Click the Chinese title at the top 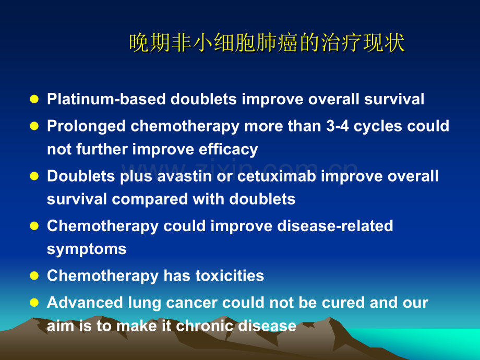pos(267,42)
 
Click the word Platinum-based pos(106,99)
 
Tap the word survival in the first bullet pos(394,99)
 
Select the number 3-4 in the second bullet pos(338,126)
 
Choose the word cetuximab pos(277,176)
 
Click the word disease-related pos(335,226)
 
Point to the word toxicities pos(230,276)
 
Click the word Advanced pos(85,303)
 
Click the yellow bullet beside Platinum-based pos(34,99)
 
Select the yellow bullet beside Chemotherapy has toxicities pos(34,276)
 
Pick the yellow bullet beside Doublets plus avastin pos(34,176)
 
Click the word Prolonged pos(86,127)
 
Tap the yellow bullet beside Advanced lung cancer pos(34,303)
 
